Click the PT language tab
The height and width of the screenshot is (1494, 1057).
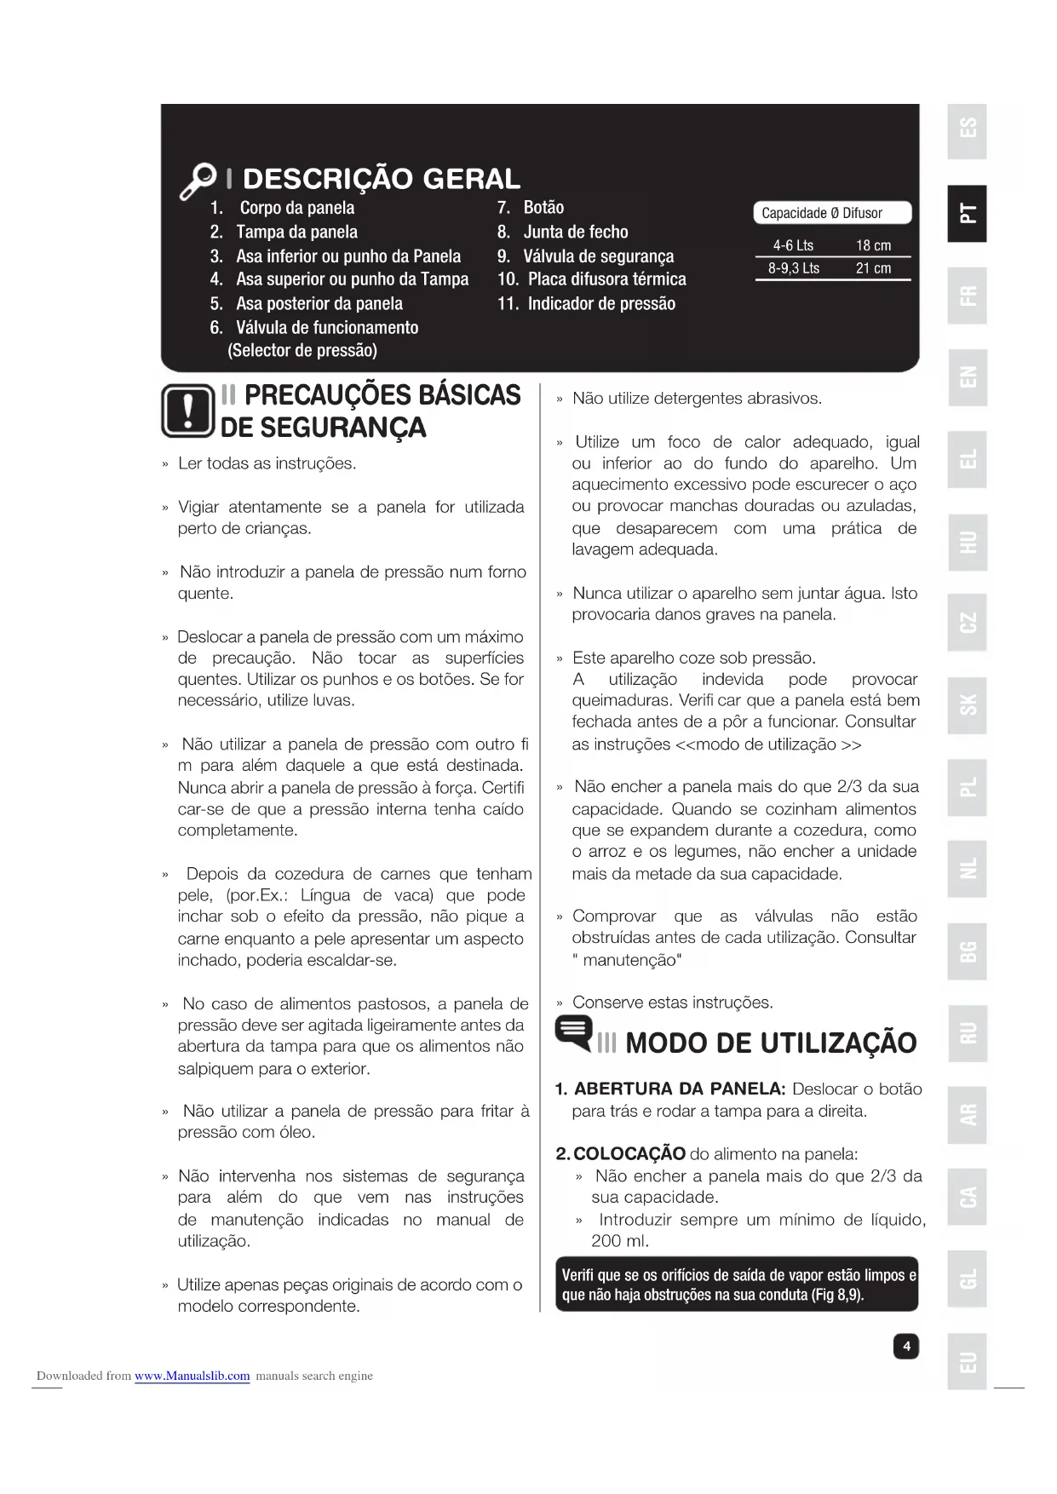[967, 213]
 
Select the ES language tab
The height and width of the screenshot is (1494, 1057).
[967, 131]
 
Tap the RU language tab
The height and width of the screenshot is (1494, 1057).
[967, 1033]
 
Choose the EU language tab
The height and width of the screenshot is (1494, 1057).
[967, 1361]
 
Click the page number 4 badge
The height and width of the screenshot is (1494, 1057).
[906, 1346]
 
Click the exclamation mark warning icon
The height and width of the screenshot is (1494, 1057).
[187, 411]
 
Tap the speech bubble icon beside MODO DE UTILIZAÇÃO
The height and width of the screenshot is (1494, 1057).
[574, 1032]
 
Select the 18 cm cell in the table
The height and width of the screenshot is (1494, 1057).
[873, 245]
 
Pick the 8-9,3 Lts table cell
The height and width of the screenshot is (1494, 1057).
[794, 268]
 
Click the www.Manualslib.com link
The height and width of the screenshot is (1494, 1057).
[192, 1376]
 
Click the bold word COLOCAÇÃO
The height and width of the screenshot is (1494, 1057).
[629, 1153]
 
